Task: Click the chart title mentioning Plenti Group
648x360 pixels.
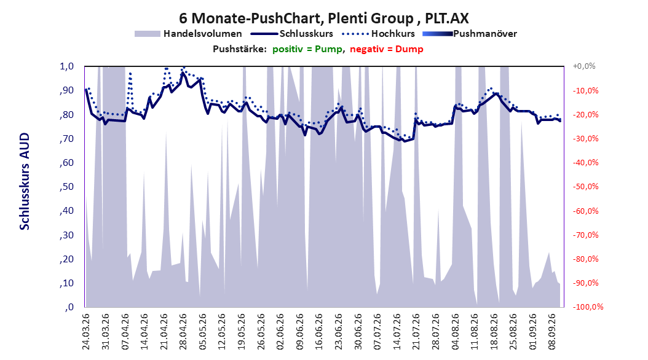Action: [323, 18]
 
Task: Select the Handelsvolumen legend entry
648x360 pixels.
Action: [189, 34]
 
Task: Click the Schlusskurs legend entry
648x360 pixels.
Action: [292, 34]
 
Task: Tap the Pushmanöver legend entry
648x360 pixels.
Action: [470, 34]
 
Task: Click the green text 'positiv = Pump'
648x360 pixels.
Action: [307, 49]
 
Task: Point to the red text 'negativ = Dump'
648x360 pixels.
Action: [387, 49]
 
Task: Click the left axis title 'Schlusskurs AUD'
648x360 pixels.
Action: [25, 181]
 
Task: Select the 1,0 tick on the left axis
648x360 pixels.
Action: [67, 66]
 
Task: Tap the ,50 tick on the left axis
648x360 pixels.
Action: [67, 187]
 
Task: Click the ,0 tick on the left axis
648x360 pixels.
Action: [69, 307]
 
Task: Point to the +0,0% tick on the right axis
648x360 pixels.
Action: [584, 66]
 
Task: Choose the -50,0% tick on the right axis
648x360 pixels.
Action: [585, 187]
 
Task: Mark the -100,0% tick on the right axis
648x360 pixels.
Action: [588, 307]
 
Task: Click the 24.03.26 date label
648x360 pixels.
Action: [86, 332]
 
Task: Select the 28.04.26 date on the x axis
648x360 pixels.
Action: [183, 332]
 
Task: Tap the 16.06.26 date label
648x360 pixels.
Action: [319, 332]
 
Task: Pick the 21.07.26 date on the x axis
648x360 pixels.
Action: [416, 332]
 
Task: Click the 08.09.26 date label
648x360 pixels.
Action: [552, 332]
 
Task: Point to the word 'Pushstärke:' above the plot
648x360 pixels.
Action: [240, 49]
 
